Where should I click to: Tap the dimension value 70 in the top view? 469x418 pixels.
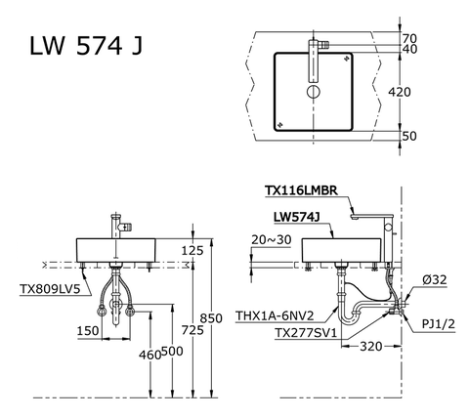point(436,37)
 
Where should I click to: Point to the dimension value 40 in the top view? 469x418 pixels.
point(436,49)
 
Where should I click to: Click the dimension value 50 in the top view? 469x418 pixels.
point(436,137)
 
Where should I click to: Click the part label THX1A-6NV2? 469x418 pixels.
point(276,315)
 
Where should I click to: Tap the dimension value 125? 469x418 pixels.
point(192,251)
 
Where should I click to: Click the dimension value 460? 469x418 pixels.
point(149,355)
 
